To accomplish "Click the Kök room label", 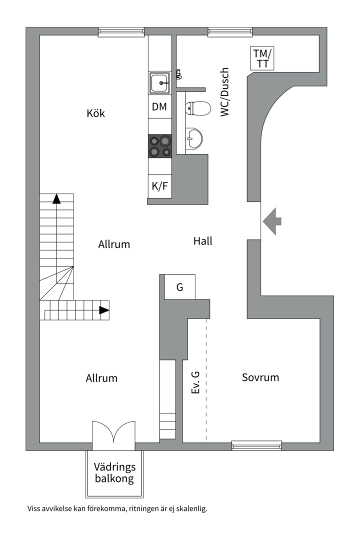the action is [96, 113].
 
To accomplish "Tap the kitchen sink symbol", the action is [160, 83].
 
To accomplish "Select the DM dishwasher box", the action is [160, 107].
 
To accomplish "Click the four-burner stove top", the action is [160, 146].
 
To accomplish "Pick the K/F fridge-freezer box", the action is [160, 186].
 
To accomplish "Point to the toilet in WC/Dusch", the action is [197, 108].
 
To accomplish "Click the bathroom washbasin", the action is [193, 139].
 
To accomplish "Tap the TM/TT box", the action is [262, 58].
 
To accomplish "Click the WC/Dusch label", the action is [224, 92].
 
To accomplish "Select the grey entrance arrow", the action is [272, 221].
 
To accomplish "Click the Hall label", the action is [202, 241].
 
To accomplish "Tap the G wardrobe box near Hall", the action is [179, 287].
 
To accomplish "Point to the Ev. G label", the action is [195, 382].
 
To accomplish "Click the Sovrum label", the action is [260, 377].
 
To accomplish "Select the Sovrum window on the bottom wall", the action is [256, 445].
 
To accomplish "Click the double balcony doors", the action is [113, 435].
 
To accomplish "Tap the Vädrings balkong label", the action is [114, 473].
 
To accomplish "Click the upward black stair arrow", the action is [56, 199].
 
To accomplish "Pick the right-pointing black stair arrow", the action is [104, 310].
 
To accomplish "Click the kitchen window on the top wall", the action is [121, 32].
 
